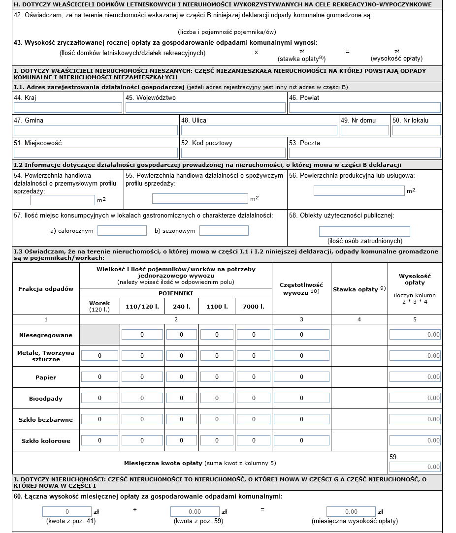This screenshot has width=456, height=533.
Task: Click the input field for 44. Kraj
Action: point(68,108)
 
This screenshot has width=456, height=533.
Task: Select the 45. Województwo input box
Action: point(205,108)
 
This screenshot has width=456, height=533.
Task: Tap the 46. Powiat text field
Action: point(364,108)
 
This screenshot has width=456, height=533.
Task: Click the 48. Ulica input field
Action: point(259,130)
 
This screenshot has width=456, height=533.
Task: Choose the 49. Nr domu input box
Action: point(364,130)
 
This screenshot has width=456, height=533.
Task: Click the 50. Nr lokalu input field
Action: point(416,130)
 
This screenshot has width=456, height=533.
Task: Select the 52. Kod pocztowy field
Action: point(233,153)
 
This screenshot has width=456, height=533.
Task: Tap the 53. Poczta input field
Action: point(364,153)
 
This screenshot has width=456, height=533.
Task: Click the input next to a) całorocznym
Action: point(122,230)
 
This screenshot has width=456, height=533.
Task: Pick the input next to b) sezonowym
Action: point(224,230)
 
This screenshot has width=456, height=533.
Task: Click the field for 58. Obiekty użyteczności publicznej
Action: point(364,231)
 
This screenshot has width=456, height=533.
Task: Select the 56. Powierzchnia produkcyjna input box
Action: point(359,190)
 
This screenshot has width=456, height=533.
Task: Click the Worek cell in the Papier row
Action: point(99,377)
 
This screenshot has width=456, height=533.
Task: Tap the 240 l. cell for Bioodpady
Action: point(181,398)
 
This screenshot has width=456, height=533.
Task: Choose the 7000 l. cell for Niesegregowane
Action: point(254,335)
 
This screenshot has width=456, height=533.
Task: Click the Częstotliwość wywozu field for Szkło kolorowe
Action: point(301,440)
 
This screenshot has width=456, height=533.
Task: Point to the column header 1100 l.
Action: point(217,306)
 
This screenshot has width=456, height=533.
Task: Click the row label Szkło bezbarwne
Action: point(47,420)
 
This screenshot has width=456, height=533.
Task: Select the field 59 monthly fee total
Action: point(415,467)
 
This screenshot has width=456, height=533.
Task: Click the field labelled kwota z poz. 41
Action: point(67,512)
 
